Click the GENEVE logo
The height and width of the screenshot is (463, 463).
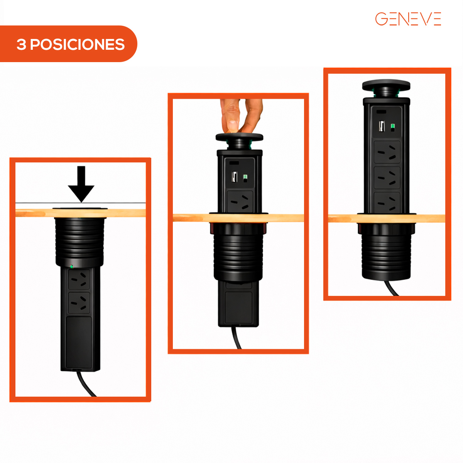coord(408,19)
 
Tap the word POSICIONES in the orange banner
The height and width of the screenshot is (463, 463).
coord(78,44)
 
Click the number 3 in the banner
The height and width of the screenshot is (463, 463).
coord(21,44)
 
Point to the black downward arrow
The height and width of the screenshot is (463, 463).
coord(81,184)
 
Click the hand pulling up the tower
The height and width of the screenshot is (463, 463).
coord(241,115)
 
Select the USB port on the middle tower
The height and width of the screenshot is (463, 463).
coord(234,177)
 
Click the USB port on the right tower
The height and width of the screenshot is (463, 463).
coord(382,126)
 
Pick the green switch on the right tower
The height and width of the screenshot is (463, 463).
coord(393,127)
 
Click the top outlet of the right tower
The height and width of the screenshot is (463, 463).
coord(387,152)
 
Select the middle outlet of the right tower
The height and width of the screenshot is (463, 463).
coord(387,178)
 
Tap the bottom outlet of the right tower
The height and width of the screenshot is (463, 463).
coord(387,203)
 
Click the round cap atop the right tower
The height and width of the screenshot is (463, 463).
coord(386,85)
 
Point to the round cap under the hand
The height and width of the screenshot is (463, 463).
coord(239,137)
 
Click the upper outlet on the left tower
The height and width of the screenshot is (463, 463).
coord(79,279)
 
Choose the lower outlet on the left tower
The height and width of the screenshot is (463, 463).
coord(79,302)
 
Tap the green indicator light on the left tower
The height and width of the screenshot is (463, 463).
coord(71,266)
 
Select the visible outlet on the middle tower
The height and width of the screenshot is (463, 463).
coord(240,202)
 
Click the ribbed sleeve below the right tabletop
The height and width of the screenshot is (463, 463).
coord(386,255)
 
